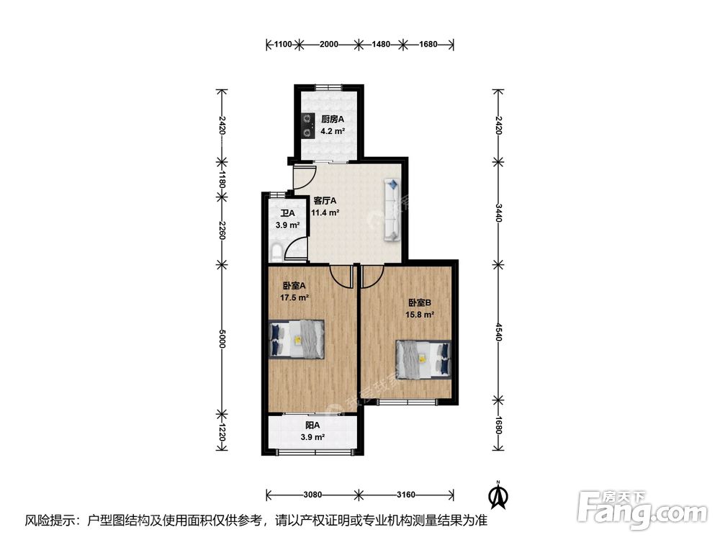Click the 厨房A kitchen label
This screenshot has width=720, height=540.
click(x=333, y=120)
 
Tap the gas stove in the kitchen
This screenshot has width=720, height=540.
click(x=307, y=126)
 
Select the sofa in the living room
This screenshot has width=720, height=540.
click(x=392, y=210)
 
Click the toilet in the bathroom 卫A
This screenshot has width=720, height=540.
click(x=276, y=253)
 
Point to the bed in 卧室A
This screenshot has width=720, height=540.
click(x=297, y=339)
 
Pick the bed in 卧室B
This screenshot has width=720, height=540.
click(x=424, y=359)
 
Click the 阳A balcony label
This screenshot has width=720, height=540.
click(x=312, y=426)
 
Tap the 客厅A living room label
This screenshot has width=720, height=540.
click(x=325, y=201)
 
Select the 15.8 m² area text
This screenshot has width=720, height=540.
click(x=420, y=315)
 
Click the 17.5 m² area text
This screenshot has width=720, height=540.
click(x=294, y=297)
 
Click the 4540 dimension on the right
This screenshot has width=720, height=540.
click(x=499, y=332)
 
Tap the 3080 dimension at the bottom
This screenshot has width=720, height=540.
click(x=312, y=495)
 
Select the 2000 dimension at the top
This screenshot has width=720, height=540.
click(x=329, y=44)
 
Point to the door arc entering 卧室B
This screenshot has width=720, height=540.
click(x=372, y=277)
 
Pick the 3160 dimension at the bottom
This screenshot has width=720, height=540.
click(x=406, y=495)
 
